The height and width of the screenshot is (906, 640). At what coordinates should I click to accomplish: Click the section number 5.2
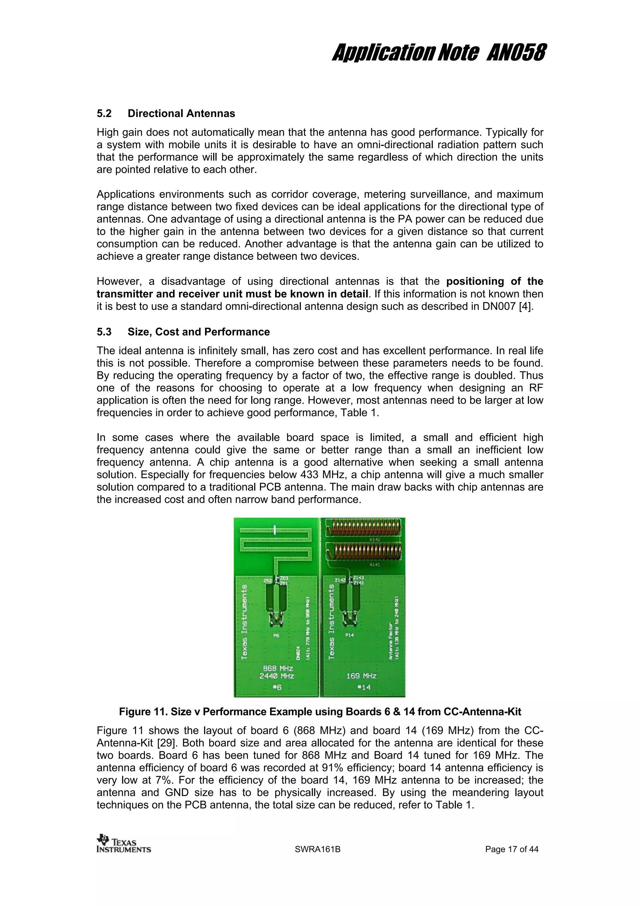point(104,114)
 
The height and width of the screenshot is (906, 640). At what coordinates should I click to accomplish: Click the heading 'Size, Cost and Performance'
point(198,332)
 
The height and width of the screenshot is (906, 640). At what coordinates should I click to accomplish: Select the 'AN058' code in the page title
point(516,53)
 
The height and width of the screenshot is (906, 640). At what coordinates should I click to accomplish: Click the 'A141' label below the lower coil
point(375,565)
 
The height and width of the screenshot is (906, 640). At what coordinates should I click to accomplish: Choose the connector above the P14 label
point(350,619)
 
